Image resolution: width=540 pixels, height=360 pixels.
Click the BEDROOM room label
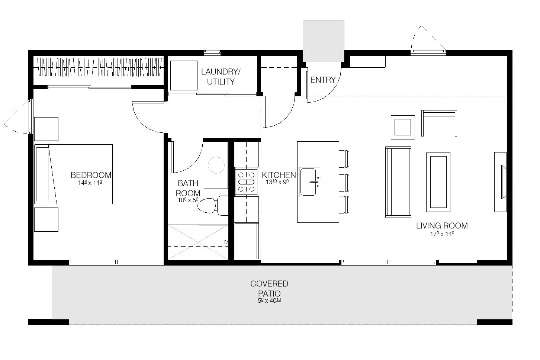tap(91, 175)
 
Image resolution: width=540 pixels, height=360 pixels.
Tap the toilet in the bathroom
tap(213, 205)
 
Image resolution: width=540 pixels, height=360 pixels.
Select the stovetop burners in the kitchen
tap(246, 182)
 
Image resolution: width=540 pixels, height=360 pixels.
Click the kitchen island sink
tap(309, 182)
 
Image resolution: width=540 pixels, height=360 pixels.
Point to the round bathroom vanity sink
tap(216, 165)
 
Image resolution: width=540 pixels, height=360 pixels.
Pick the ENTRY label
tap(323, 80)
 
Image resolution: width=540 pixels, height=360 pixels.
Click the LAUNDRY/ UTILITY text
tap(221, 77)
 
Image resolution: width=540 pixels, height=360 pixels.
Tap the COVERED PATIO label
tap(269, 288)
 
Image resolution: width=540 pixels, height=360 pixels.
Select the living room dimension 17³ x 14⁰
tap(442, 234)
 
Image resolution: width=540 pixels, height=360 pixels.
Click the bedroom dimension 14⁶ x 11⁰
tap(90, 183)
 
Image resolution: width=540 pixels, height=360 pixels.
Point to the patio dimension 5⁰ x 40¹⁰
tap(269, 300)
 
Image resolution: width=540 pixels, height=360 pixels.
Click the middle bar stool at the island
tap(344, 183)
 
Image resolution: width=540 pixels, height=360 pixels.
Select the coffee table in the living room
tap(438, 182)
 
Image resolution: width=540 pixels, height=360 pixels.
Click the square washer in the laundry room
tap(184, 75)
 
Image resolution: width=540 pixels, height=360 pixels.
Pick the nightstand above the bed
tap(46, 129)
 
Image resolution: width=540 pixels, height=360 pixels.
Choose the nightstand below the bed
tap(46, 220)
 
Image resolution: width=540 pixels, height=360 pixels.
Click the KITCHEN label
tap(279, 175)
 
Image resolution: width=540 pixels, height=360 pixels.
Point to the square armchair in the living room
tap(403, 127)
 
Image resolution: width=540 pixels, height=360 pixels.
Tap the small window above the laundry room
tap(212, 52)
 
